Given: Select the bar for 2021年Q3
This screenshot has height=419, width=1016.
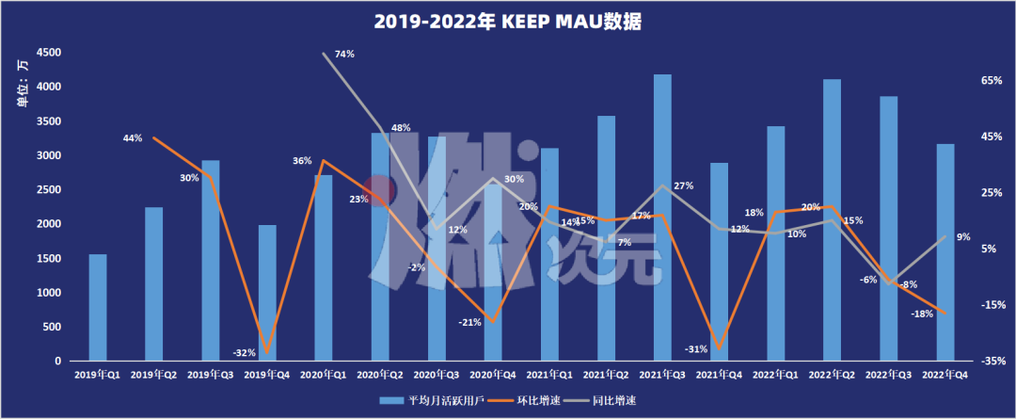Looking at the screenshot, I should click(662, 218).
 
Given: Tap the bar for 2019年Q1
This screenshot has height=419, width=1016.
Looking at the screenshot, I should click(98, 308).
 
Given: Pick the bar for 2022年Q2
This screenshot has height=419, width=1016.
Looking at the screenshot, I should click(832, 220).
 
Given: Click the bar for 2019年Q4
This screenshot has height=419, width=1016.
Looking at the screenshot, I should click(267, 293).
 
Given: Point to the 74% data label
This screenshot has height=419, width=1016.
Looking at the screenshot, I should click(344, 54).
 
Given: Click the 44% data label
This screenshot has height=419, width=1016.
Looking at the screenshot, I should click(132, 138).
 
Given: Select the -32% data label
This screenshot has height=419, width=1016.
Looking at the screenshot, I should click(245, 352).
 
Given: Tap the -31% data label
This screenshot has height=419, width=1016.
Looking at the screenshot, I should click(696, 349).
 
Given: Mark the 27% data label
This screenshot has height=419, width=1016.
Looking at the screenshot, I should click(683, 185).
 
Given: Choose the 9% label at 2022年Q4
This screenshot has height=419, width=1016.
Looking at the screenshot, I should click(963, 237).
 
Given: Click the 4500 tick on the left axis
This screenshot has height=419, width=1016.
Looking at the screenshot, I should click(49, 53).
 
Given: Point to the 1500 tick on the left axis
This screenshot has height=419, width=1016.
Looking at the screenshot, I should click(49, 259).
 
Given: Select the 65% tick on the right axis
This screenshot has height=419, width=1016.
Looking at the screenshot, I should click(992, 82).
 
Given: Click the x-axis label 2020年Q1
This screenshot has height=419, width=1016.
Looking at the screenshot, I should click(324, 375).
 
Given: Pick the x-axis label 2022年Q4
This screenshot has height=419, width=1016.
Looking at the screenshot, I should click(945, 375).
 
